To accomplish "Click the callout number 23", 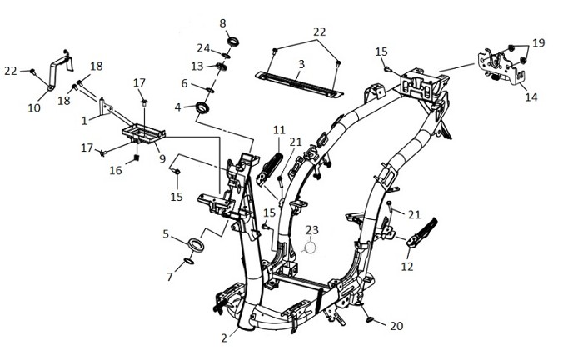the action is point(312,230).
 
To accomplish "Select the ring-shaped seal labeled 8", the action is point(233,42).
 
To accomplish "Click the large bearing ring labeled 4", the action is point(202,107).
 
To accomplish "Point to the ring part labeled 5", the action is point(196,246).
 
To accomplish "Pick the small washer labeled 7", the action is point(189,262).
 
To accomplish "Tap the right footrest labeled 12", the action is point(422,233).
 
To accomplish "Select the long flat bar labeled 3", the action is point(299,85).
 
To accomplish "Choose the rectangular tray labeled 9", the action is point(143,133).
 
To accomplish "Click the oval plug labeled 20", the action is point(370,319).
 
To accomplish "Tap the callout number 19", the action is point(538,43).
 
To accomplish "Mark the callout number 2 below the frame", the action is point(224,338).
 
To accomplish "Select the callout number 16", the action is point(116,170).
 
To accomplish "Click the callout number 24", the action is point(204,48).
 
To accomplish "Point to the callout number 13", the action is point(197,66).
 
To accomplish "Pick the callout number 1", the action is point(84,121).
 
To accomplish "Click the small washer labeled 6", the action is point(210,90).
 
